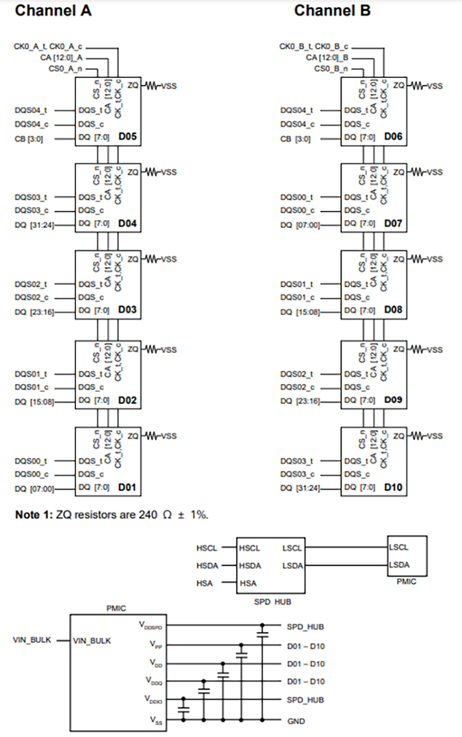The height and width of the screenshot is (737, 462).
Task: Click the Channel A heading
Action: (53, 11)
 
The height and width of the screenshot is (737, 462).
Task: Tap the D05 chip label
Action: (127, 137)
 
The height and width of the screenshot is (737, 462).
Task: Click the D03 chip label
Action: (127, 311)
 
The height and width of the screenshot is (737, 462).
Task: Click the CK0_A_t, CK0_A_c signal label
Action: (47, 47)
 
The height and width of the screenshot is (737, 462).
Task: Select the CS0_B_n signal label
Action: (330, 69)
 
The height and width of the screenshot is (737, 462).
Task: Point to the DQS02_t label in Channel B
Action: (296, 374)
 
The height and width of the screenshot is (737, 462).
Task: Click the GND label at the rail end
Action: (296, 721)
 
